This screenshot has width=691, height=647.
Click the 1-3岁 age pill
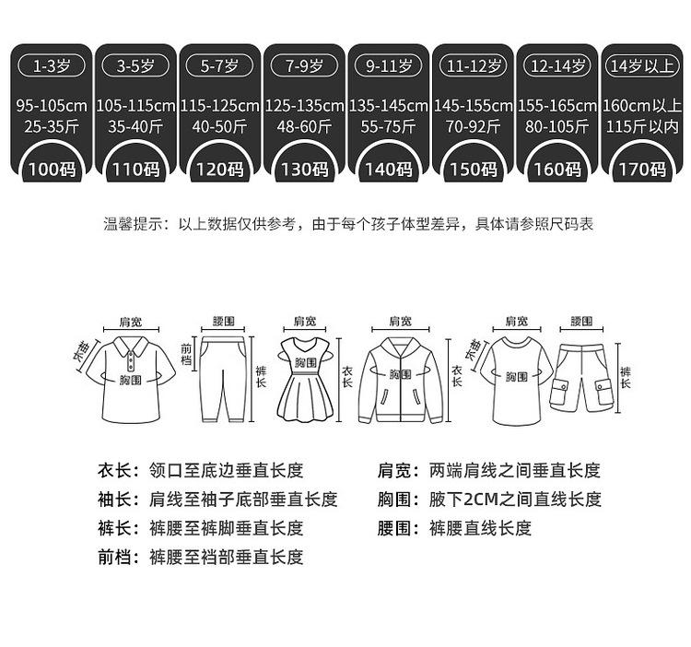click(52, 66)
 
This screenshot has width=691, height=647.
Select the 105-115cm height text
click(135, 106)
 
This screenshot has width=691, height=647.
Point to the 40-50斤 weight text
click(220, 127)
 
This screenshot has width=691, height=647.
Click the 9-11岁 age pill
click(389, 66)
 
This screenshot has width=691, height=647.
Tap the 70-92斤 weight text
click(473, 127)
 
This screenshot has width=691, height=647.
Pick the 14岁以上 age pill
click(642, 66)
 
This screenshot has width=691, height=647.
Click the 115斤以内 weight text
click(642, 127)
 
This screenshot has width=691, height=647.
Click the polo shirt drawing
click(131, 380)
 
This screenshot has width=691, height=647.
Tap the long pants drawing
click(223, 379)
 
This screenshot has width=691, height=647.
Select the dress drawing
click(305, 379)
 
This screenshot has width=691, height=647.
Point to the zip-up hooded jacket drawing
click(400, 380)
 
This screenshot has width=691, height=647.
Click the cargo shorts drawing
click(581, 378)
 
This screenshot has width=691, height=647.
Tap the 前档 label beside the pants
click(186, 355)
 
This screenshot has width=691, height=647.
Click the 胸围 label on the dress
click(305, 362)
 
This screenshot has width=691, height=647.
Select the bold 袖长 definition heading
click(113, 500)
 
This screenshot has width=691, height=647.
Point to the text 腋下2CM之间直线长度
click(515, 500)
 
